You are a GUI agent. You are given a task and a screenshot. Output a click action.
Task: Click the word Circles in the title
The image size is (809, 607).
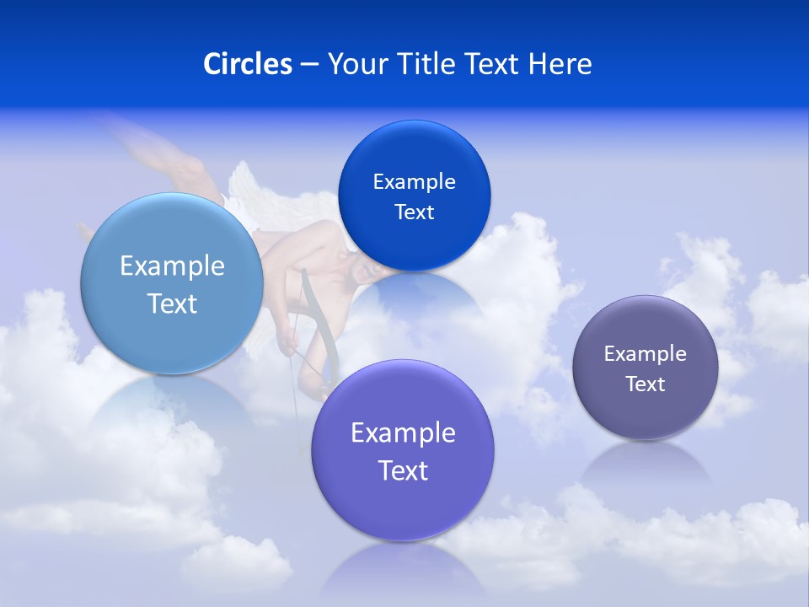pyautogui.click(x=248, y=64)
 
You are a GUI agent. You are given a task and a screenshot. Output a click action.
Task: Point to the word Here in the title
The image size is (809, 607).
pyautogui.click(x=560, y=64)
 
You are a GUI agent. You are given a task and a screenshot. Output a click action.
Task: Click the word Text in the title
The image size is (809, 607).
pyautogui.click(x=494, y=64)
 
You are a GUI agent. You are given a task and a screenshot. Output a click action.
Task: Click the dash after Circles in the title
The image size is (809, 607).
pyautogui.click(x=309, y=65)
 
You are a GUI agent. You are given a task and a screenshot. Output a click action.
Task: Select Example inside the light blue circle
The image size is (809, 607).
pyautogui.click(x=172, y=266)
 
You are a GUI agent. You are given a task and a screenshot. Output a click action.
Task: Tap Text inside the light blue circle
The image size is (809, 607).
pyautogui.click(x=172, y=303)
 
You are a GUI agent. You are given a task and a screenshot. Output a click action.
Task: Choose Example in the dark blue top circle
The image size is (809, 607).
pyautogui.click(x=414, y=181)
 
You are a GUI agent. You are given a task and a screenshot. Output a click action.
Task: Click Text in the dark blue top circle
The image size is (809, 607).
pyautogui.click(x=414, y=212)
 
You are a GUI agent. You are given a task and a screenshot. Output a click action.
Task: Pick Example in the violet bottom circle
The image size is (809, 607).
pyautogui.click(x=403, y=432)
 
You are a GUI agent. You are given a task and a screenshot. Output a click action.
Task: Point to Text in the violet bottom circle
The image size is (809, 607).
pyautogui.click(x=403, y=470)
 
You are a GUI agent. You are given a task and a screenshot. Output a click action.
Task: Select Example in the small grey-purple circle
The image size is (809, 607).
pyautogui.click(x=645, y=353)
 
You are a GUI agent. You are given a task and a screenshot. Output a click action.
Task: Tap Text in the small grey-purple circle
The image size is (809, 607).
pyautogui.click(x=645, y=384)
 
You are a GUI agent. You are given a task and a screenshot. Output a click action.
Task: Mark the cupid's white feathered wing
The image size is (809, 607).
pyautogui.click(x=253, y=190)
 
